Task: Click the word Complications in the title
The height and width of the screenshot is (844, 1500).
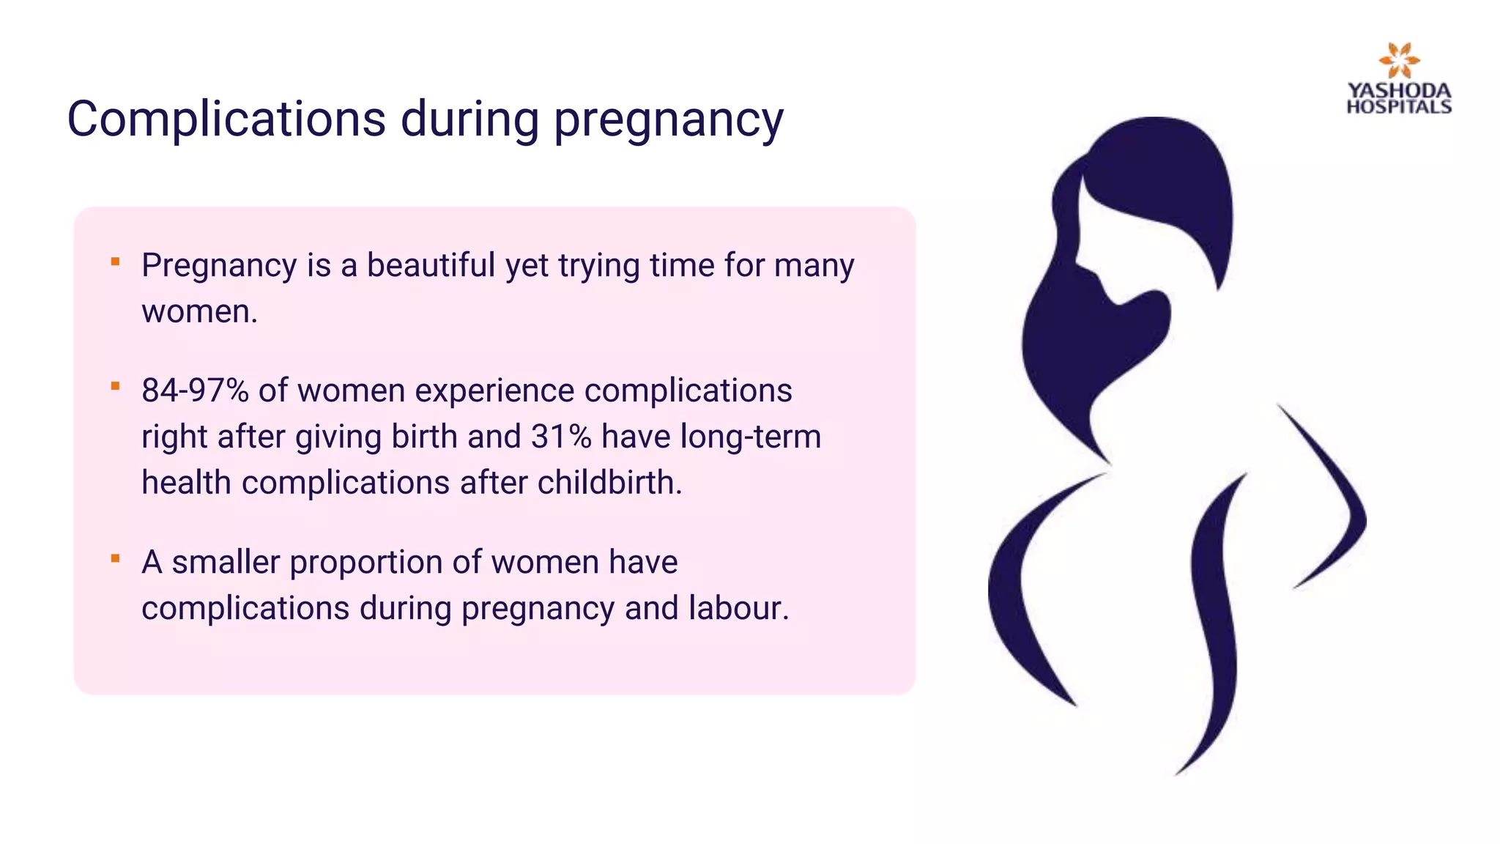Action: click(x=226, y=119)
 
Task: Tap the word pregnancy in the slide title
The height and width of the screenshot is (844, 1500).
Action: click(x=668, y=120)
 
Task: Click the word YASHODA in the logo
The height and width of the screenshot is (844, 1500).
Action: click(x=1399, y=91)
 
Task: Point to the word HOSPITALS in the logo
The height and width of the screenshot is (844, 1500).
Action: click(x=1399, y=107)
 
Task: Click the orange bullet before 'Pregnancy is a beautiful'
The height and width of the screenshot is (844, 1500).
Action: click(x=115, y=262)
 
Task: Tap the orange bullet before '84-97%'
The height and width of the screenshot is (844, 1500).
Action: click(x=115, y=386)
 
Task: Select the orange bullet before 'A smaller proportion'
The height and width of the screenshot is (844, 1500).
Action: click(x=115, y=558)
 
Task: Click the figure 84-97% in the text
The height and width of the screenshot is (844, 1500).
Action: click(x=195, y=390)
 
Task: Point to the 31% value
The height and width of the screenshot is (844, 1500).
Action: click(x=561, y=437)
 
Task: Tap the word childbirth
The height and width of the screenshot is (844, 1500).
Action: click(x=609, y=483)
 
